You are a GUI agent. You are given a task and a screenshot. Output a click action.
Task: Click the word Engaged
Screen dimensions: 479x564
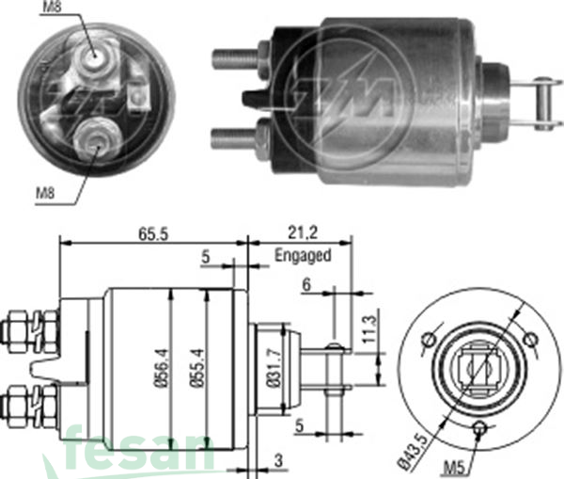[x=303, y=256]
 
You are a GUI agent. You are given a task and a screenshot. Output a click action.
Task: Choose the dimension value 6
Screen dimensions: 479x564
[x=306, y=283]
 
